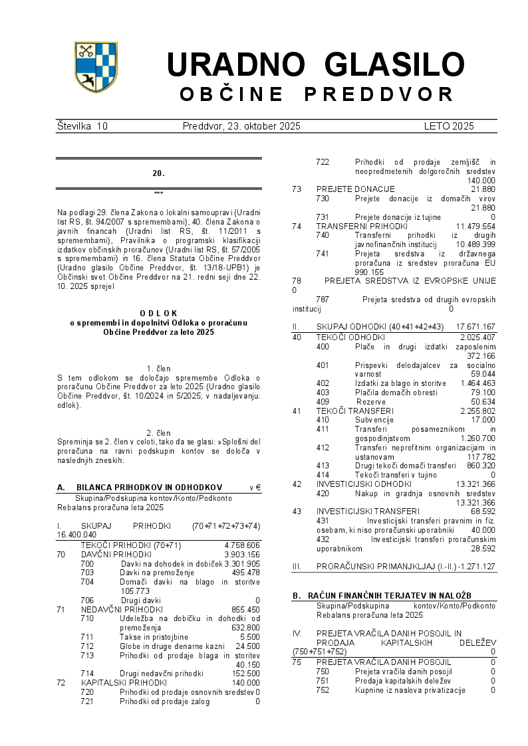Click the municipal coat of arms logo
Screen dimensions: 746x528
pos(96,66)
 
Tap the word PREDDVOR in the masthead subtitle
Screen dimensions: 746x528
pos(379,94)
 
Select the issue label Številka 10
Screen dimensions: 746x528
pos(82,126)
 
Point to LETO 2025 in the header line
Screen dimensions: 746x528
pos(449,126)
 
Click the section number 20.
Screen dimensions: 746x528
pos(158,173)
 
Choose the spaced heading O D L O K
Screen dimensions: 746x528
pos(159,313)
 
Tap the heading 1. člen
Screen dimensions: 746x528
pos(158,369)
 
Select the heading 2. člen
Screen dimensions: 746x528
pos(158,433)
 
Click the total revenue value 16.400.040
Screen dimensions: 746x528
pos(77,535)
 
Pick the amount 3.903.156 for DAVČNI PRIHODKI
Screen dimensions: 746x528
pos(242,554)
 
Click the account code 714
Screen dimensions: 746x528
pos(87,674)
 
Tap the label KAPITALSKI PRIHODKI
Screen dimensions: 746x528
pos(124,682)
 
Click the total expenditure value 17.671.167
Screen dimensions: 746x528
pos(475,327)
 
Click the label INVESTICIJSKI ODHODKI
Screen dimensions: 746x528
pos(364,484)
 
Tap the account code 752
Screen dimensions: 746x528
pos(323,690)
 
